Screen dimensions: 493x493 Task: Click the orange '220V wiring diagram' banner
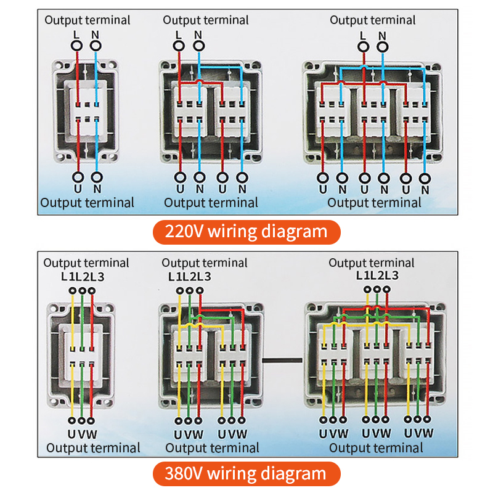[x=246, y=232]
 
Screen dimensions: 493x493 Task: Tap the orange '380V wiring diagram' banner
[x=246, y=473]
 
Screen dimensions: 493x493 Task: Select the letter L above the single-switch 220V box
[x=76, y=35]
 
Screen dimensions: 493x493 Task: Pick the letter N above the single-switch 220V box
[x=95, y=35]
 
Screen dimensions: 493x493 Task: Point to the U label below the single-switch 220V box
[x=77, y=188]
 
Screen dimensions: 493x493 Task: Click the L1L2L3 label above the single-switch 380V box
[x=83, y=277]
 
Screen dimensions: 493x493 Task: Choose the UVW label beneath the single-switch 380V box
[x=82, y=434]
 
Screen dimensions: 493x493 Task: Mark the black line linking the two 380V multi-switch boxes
[x=284, y=359]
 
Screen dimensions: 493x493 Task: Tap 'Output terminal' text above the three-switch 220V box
[x=373, y=20]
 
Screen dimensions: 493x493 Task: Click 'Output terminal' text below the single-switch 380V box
[x=93, y=448]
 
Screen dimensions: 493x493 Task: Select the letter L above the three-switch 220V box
[x=363, y=36]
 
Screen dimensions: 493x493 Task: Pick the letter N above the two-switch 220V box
[x=198, y=35]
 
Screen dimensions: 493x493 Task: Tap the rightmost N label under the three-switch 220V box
[x=424, y=189]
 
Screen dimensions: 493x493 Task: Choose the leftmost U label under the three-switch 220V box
[x=323, y=189]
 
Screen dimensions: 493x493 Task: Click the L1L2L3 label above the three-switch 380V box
[x=377, y=275]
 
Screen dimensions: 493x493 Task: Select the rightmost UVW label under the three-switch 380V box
[x=419, y=434]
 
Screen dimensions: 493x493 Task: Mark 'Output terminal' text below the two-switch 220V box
[x=211, y=202]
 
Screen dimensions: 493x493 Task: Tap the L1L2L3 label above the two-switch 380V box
[x=189, y=277]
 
